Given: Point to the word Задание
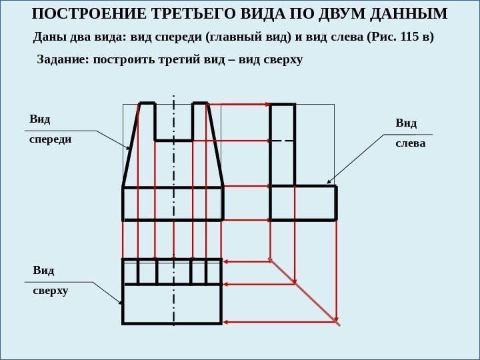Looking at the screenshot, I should (x=61, y=60).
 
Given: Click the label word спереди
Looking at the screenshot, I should (x=50, y=140).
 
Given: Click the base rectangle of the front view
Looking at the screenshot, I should (x=173, y=203).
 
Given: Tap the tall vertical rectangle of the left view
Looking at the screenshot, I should (x=282, y=145).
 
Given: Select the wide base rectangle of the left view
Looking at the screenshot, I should (x=303, y=203).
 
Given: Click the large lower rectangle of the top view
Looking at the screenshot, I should (x=172, y=304).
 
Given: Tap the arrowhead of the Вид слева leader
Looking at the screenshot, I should (x=327, y=182).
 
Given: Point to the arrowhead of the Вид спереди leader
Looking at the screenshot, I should (x=129, y=147).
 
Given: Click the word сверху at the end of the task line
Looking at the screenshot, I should (x=285, y=60).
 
